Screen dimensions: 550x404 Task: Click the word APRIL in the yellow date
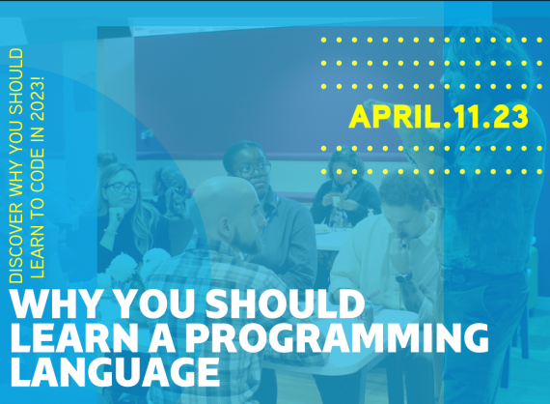pos(395,117)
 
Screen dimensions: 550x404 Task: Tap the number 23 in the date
pos(510,117)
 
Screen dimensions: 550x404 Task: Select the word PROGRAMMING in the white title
pos(337,337)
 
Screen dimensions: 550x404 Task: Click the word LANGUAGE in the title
pos(116,372)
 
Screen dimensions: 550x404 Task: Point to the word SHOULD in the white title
pos(285,303)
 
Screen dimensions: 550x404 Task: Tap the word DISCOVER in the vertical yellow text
pos(16,243)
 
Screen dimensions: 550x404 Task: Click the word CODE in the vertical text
pos(38,168)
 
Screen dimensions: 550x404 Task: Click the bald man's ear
pos(224,228)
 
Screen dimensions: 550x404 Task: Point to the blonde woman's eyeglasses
pos(123,187)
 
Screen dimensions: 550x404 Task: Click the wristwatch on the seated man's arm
pos(403,276)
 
